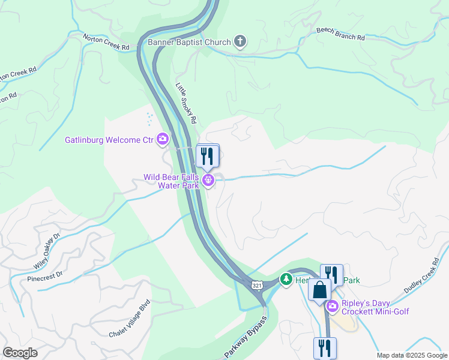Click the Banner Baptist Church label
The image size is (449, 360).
(x=190, y=42)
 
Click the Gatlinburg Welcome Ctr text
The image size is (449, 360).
(x=109, y=140)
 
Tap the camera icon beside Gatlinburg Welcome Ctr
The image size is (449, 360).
(x=163, y=140)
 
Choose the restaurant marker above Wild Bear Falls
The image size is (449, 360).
(x=208, y=156)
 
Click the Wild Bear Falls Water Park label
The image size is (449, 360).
(x=171, y=181)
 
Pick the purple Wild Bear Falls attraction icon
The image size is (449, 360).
(x=209, y=179)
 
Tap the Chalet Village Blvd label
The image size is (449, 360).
(x=128, y=319)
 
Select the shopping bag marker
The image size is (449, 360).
(x=319, y=290)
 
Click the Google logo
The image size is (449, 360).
(x=20, y=353)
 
